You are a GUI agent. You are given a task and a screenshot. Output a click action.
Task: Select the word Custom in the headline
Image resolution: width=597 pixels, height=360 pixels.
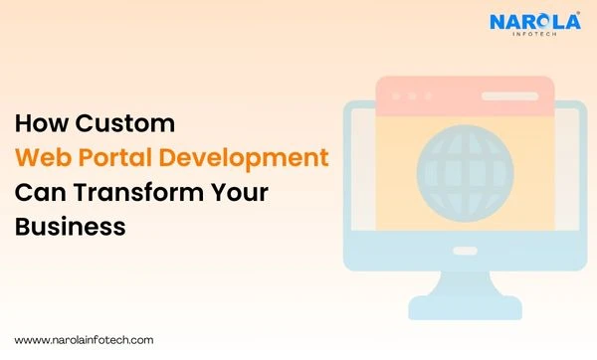click(123, 125)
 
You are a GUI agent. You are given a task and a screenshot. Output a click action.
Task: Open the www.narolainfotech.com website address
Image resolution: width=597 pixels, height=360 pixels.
click(84, 339)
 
